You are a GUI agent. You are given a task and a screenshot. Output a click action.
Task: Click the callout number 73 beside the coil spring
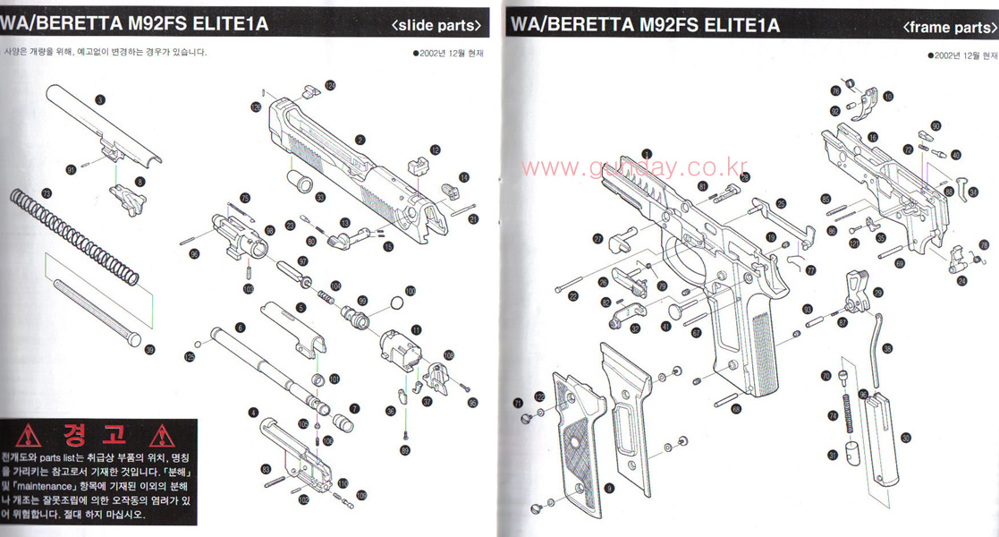tap(47, 192)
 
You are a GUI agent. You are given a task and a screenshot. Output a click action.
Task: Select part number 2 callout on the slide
tap(360, 140)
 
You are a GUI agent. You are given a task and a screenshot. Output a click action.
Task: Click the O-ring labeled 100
tap(394, 306)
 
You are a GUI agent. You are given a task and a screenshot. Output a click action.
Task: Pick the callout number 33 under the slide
tap(319, 197)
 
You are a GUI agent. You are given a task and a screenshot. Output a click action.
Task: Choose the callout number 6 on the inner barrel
tap(240, 328)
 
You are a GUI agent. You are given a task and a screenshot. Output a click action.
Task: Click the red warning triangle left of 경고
tap(31, 437)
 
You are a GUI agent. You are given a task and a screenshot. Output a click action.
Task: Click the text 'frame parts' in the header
tap(948, 27)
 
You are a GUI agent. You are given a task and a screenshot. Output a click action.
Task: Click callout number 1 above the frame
tap(646, 153)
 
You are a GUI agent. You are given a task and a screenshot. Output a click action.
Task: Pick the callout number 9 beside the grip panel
tap(608, 488)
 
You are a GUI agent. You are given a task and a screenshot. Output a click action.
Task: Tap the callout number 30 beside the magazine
tap(905, 438)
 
